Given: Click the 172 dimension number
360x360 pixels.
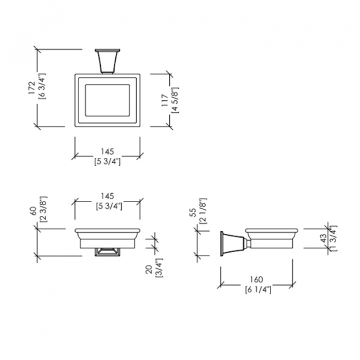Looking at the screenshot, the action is [31, 88].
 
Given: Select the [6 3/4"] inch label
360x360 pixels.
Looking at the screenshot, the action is [42, 86].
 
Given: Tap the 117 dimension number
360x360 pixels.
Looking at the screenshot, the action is [164, 100].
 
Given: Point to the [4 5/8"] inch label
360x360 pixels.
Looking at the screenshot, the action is [175, 100].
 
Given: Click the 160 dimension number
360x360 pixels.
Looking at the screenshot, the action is [256, 280].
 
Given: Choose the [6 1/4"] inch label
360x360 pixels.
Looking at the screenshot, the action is [258, 290].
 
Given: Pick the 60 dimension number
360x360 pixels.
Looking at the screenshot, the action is [34, 211].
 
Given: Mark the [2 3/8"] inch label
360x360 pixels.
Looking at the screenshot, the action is [44, 209].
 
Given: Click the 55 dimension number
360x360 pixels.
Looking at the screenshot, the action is [193, 212].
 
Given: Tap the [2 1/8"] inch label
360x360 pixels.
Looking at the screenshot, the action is [203, 211].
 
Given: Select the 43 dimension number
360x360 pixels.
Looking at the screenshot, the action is [323, 238].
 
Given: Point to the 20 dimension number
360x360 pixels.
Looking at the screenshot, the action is [149, 269].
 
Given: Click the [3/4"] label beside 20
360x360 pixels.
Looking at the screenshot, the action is [160, 268].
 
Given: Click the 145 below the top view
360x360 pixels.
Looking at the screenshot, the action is [107, 152].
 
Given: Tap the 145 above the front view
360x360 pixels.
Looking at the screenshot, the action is [107, 196].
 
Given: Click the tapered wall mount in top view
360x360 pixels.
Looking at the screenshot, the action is [107, 61].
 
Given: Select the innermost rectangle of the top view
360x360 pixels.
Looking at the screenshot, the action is [107, 100].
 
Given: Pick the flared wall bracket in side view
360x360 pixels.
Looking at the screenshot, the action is [233, 244].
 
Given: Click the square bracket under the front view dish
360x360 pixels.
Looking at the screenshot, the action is [107, 252].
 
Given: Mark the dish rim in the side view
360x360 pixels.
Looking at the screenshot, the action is [272, 230].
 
